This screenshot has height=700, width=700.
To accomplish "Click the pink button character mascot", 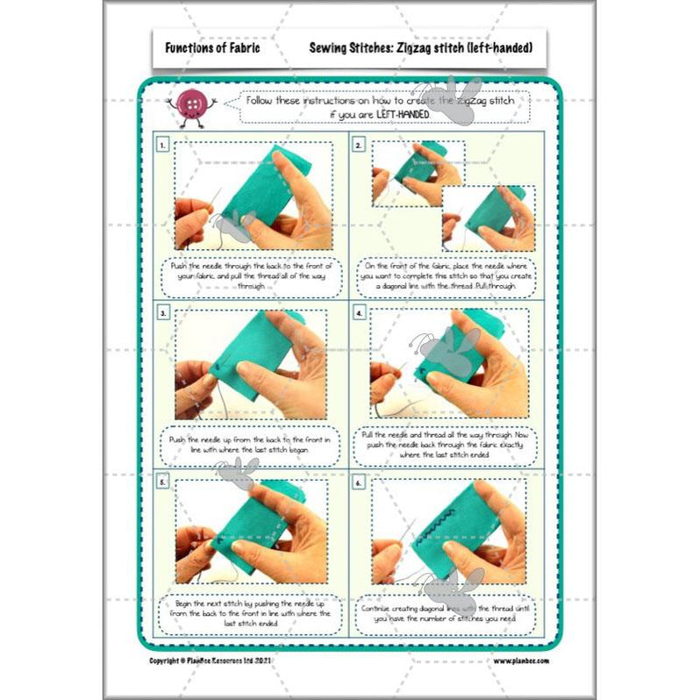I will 189,108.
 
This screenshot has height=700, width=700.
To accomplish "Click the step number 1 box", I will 162,144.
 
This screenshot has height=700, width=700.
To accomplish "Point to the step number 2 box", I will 359,144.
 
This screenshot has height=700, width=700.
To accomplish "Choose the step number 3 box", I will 162,312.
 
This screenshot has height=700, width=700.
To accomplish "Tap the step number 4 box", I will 359,312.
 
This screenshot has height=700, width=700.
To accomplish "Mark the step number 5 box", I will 162,482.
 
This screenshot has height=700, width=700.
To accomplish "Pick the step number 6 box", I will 359,482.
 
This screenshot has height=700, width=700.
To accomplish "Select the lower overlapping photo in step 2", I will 488,219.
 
